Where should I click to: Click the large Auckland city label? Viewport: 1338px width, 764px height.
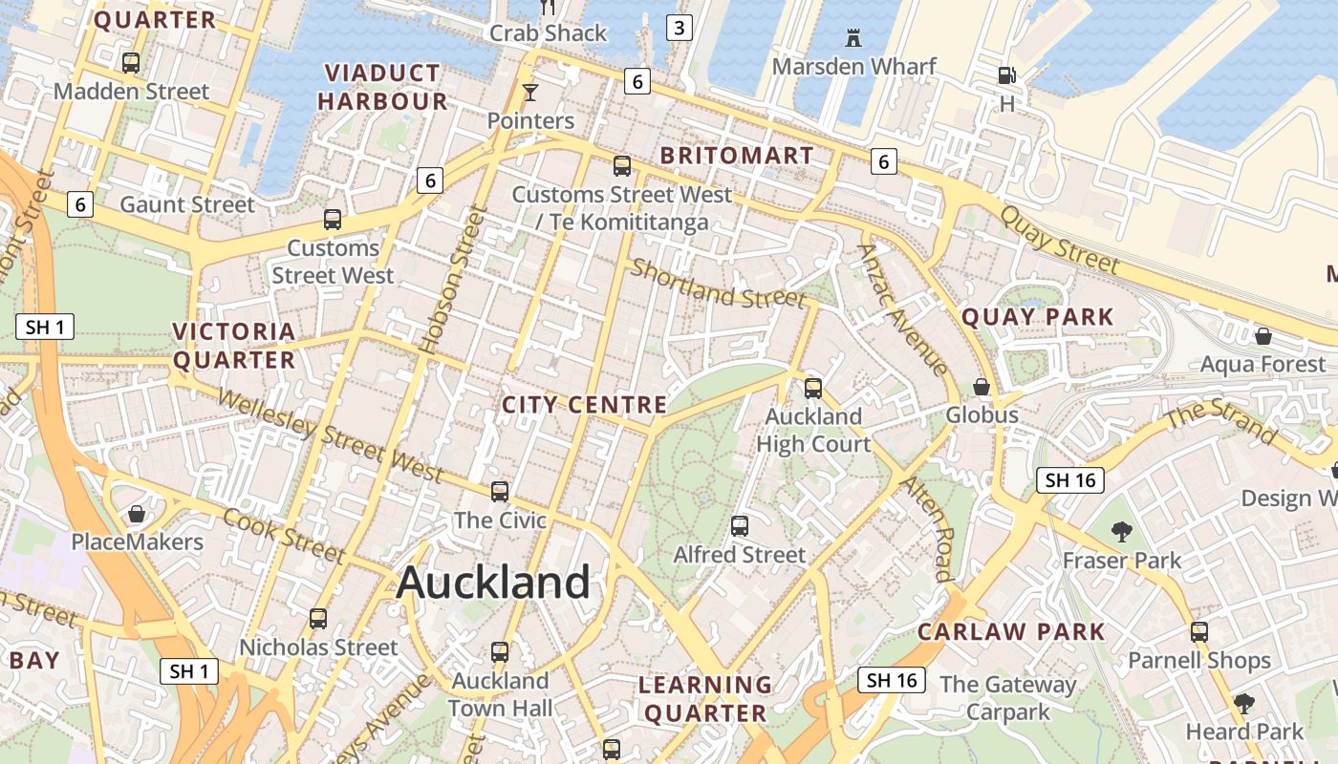[493, 582]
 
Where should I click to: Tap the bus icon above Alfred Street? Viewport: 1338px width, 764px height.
[739, 525]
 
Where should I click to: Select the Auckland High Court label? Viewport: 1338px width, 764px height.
[813, 430]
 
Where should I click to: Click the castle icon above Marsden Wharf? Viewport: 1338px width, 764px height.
[853, 38]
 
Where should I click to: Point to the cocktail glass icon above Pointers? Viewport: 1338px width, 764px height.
[530, 92]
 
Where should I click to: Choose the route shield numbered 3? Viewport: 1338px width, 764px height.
[679, 28]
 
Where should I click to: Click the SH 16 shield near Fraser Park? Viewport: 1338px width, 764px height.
[1070, 480]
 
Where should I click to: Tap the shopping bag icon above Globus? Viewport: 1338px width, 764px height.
[982, 387]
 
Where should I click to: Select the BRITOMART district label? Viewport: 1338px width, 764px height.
[737, 156]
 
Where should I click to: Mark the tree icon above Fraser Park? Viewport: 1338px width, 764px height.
[1122, 531]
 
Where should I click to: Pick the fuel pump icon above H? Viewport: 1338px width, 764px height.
[1006, 74]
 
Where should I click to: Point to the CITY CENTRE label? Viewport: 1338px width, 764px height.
[584, 405]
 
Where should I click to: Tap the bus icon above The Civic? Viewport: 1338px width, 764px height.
[500, 492]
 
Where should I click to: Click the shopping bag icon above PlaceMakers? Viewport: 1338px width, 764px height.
[137, 514]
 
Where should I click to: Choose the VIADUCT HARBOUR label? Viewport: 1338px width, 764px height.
[382, 87]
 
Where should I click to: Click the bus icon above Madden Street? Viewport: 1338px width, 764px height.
[131, 63]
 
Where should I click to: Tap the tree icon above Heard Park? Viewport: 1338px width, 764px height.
[1243, 704]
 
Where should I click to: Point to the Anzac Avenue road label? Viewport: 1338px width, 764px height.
[902, 308]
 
